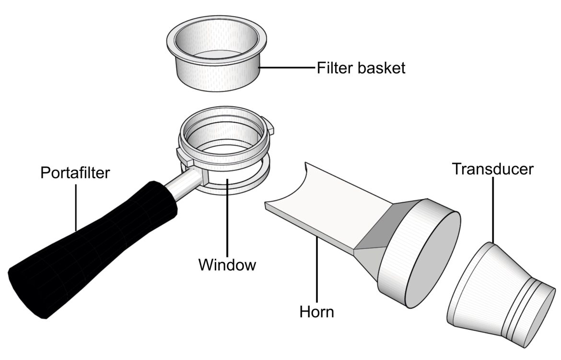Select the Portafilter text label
click(75, 172)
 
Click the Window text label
click(227, 264)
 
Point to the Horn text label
click(316, 312)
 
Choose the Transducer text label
click(492, 169)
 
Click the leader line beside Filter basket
click(288, 68)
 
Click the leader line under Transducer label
click(493, 211)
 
